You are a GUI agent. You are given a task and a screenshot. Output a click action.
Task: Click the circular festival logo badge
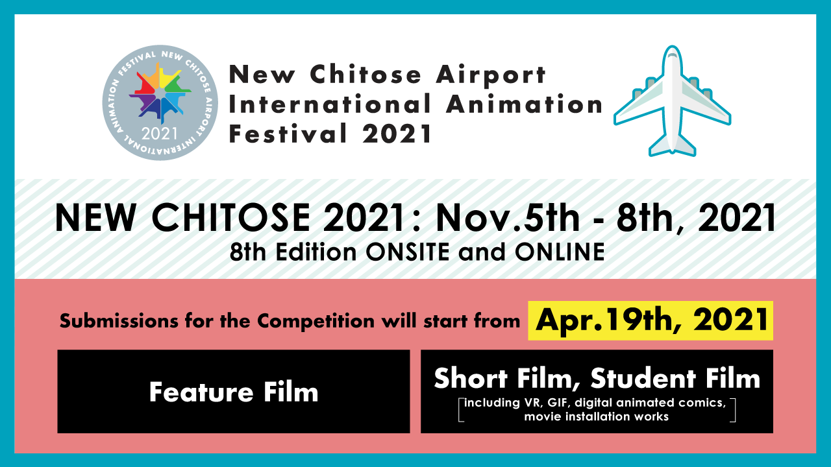(x=160, y=102)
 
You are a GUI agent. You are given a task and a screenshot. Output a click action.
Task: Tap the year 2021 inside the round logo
(x=160, y=134)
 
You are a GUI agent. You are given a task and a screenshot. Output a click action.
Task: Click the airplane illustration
(x=672, y=101)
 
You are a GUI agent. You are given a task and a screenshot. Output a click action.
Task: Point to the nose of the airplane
(x=672, y=48)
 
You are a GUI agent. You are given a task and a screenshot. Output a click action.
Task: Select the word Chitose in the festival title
(x=366, y=74)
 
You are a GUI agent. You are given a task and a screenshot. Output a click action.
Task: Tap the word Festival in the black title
(x=288, y=133)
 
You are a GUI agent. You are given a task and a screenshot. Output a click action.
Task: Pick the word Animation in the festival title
(x=524, y=104)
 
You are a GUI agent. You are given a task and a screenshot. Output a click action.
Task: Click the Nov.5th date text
(x=508, y=218)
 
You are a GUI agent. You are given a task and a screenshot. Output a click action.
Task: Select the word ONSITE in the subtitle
(x=408, y=252)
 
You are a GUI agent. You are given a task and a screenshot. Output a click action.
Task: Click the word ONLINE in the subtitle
(x=560, y=252)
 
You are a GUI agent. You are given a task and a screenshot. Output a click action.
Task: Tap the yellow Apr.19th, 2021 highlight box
(x=651, y=320)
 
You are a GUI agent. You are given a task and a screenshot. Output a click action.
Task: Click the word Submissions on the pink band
(x=119, y=320)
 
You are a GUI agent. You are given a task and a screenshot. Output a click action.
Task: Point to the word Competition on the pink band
(x=316, y=321)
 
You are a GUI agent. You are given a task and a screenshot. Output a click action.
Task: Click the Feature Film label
(x=234, y=392)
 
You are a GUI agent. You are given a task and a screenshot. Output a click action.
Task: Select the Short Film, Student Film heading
(x=597, y=379)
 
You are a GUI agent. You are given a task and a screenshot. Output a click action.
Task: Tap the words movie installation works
(x=597, y=416)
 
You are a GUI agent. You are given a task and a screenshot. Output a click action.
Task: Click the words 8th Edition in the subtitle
(x=293, y=252)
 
